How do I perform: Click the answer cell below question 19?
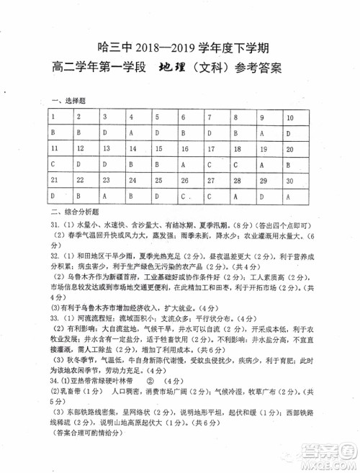click(x=264, y=164)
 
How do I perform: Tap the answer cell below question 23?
click(x=105, y=196)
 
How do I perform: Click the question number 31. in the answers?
click(x=55, y=225)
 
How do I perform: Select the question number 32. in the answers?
click(x=55, y=256)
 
